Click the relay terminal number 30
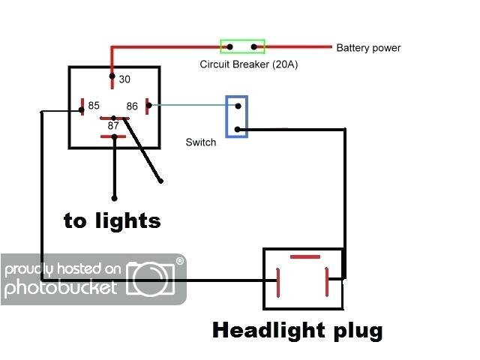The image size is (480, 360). coord(124,79)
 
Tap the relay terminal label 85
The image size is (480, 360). coord(94,106)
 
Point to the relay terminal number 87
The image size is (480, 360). coord(113,126)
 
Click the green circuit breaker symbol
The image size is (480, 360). coord(241,47)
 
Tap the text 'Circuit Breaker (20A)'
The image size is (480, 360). coord(248,64)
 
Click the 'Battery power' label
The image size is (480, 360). coord(368,48)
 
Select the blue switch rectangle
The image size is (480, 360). coord(237,117)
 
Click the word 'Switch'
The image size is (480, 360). coord(200,142)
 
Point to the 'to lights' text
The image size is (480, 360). coord(112,220)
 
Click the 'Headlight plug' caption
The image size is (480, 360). coord(298,330)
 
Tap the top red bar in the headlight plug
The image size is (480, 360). coord(304,257)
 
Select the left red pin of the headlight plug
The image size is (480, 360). coord(279,284)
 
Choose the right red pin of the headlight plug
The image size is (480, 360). coord(327,283)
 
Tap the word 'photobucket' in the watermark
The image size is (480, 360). coord(60,287)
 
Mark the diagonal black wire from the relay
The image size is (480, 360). coord(143,150)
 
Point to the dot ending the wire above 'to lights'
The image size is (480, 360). coord(114,198)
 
